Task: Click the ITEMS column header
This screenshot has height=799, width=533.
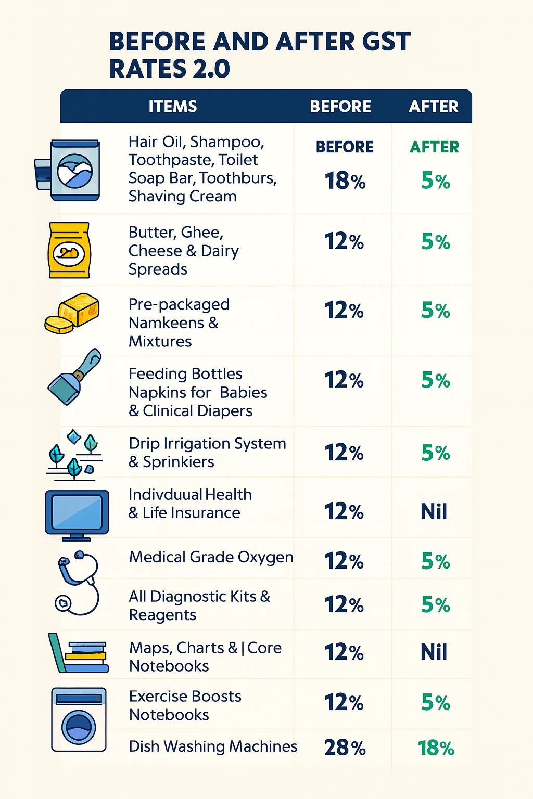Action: (x=173, y=107)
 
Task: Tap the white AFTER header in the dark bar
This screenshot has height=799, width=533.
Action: (x=434, y=107)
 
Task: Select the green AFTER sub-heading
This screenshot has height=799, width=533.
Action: (x=434, y=147)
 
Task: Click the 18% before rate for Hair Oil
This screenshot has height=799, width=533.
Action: (x=345, y=181)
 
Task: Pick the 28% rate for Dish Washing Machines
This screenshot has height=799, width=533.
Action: (x=345, y=748)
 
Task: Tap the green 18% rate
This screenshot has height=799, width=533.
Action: (x=436, y=748)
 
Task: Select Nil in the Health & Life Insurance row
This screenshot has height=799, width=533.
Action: (x=434, y=512)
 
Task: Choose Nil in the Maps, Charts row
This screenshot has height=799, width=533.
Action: (x=434, y=652)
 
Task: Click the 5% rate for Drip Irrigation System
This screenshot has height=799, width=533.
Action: (x=435, y=453)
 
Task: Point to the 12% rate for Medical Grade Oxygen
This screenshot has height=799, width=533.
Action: (x=344, y=561)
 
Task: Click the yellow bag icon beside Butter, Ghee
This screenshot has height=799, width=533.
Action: (x=69, y=250)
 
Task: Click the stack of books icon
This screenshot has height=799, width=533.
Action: (x=79, y=653)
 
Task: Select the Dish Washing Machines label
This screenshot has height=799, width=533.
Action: (x=213, y=746)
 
